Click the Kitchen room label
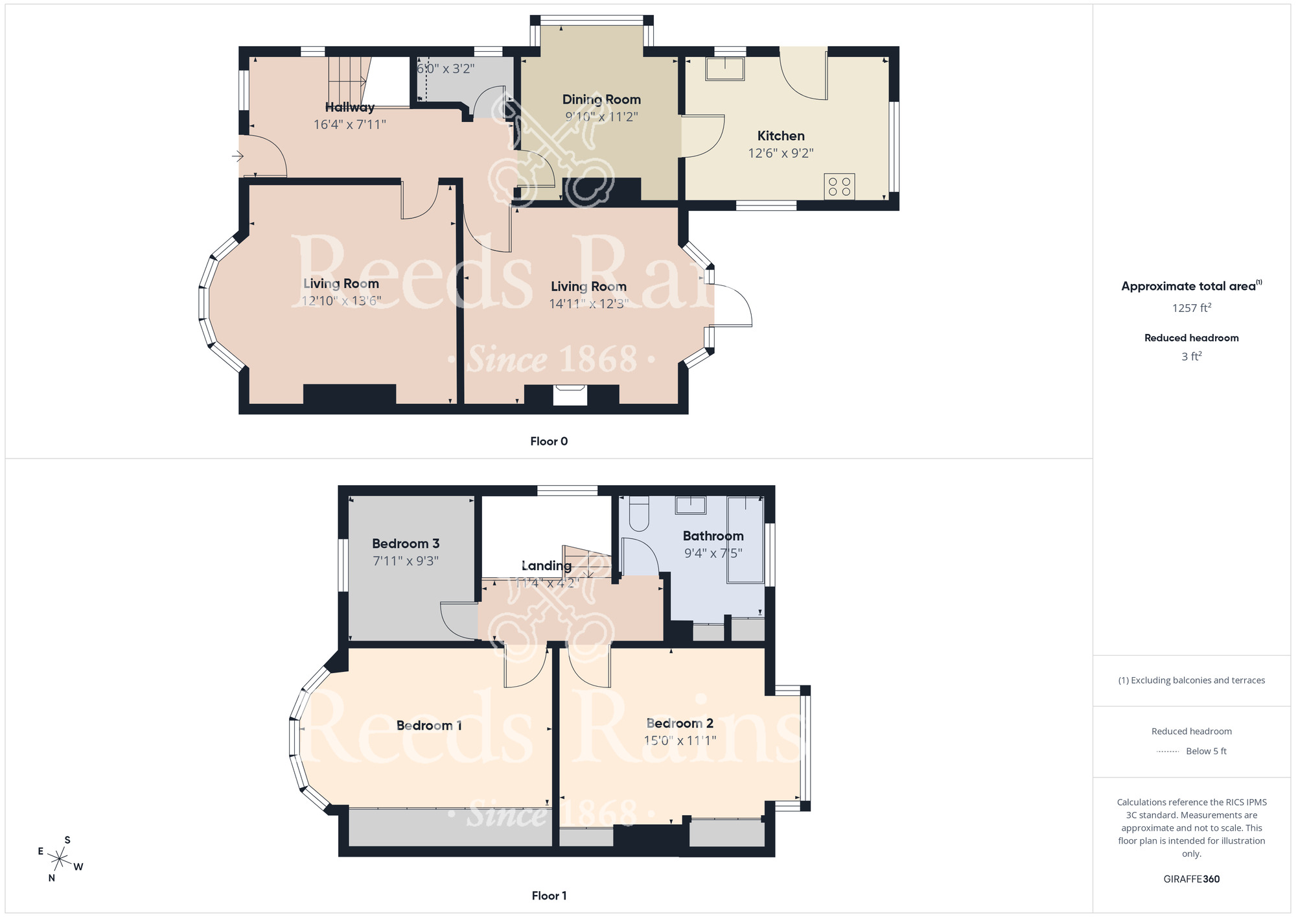[781, 136]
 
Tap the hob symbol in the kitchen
[839, 187]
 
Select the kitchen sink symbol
[725, 69]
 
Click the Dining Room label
[601, 100]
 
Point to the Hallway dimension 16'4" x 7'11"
[349, 125]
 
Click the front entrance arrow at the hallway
[238, 156]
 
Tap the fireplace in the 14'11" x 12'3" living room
[570, 395]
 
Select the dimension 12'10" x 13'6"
[341, 301]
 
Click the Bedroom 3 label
[406, 544]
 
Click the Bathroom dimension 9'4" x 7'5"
[713, 553]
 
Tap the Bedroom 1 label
[429, 726]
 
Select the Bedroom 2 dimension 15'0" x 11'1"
[680, 741]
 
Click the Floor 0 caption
[549, 442]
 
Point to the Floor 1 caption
[549, 896]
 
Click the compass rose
[60, 860]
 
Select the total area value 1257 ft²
[1191, 308]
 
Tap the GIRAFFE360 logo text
[1191, 879]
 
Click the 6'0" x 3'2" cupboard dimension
[445, 69]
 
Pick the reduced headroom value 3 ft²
[1191, 357]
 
